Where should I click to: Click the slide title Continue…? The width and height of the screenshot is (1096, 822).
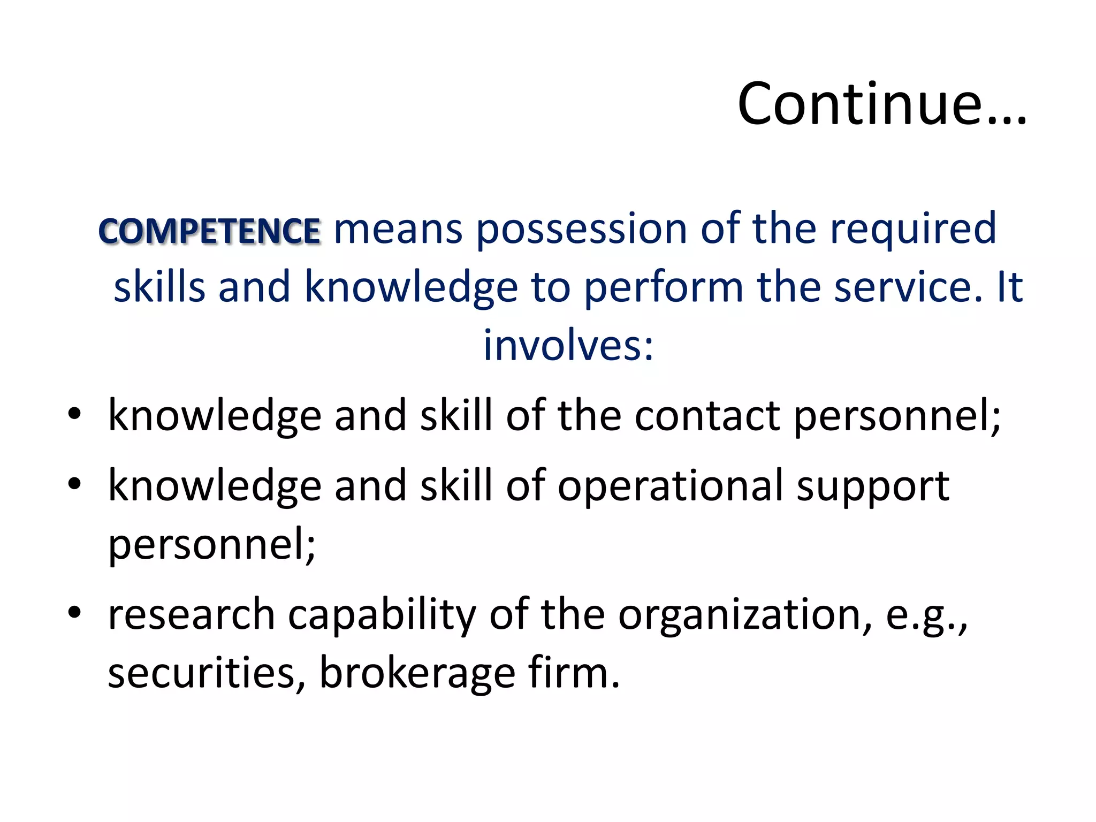[881, 104]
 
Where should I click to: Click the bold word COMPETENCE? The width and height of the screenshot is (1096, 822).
[210, 231]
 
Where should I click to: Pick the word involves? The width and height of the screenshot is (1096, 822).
[568, 346]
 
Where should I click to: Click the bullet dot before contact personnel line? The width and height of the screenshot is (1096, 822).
[74, 414]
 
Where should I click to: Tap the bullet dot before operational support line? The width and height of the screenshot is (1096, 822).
[74, 483]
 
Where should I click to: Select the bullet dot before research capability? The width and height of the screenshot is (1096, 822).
[74, 612]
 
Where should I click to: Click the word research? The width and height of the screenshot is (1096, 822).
[192, 614]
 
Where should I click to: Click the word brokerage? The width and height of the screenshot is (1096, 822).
[417, 673]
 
